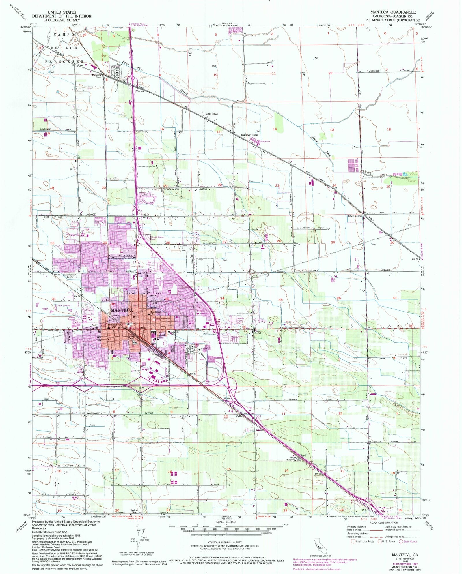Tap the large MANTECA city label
point(122,310)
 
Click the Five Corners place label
point(355,216)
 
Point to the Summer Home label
point(249,135)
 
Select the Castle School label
point(211,114)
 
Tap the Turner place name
point(140,91)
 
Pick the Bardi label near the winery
point(303,455)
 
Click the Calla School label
point(258,332)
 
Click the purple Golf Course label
point(64,305)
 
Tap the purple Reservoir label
point(265,142)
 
